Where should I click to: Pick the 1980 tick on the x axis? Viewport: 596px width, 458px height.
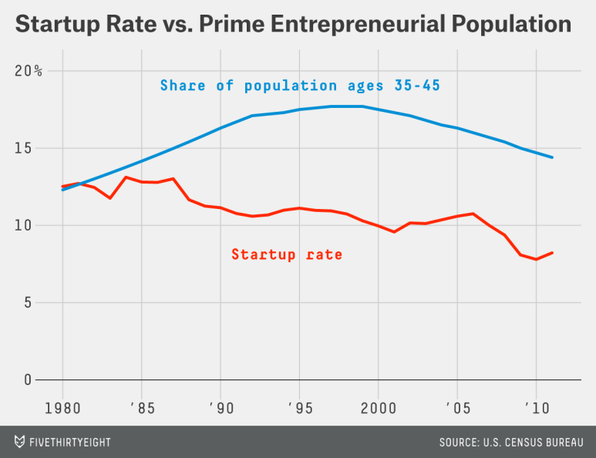pyautogui.click(x=63, y=405)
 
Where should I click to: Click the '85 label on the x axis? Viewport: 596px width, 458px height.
pyautogui.click(x=142, y=405)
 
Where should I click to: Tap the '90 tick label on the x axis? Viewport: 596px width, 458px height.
pyautogui.click(x=221, y=405)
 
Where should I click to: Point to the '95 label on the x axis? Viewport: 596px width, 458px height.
pyautogui.click(x=299, y=405)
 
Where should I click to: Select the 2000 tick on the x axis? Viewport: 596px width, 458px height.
pyautogui.click(x=379, y=405)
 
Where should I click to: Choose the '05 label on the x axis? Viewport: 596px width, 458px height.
pyautogui.click(x=457, y=405)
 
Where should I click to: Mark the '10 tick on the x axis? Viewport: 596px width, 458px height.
pyautogui.click(x=536, y=405)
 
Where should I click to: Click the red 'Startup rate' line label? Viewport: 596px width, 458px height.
pyautogui.click(x=287, y=254)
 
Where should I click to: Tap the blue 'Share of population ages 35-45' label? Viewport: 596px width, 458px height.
pyautogui.click(x=300, y=86)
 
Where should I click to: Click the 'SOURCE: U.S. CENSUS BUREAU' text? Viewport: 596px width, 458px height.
pyautogui.click(x=510, y=443)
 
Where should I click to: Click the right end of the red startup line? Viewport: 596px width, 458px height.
pyautogui.click(x=552, y=253)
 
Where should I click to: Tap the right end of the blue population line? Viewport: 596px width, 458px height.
pyautogui.click(x=552, y=157)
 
